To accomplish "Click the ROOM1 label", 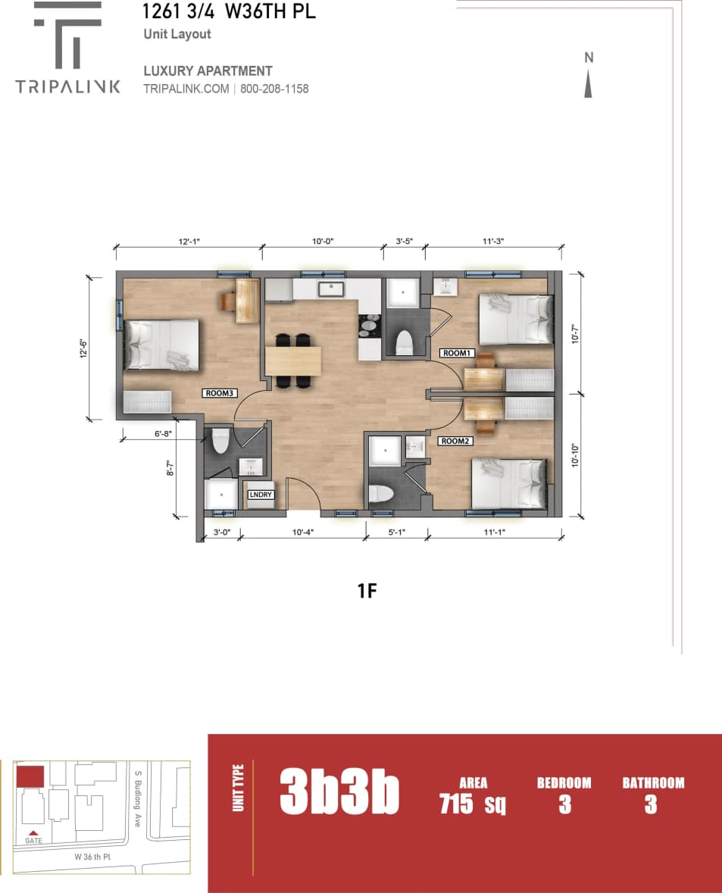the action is tap(456, 353).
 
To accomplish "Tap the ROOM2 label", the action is tap(455, 441).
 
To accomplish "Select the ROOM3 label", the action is tap(220, 393).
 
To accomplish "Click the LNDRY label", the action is tap(261, 495).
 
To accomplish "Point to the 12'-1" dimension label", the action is tap(189, 242).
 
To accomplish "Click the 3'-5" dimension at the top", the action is tap(405, 242).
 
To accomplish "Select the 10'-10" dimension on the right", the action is tap(575, 456).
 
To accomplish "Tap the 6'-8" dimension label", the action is tap(163, 433).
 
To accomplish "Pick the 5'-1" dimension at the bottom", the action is tap(397, 532).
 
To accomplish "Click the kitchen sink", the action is tap(330, 289).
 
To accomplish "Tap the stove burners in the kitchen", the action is tap(369, 326).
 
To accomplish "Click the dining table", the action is tap(293, 361).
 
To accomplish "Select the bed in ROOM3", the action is tap(162, 345).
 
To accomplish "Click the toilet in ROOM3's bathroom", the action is tap(220, 441).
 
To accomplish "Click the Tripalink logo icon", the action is tap(68, 35).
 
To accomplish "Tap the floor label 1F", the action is tap(367, 591).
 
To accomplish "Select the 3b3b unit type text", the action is tap(339, 791).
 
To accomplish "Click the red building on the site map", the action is tap(30, 776).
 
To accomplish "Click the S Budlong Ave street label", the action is tap(137, 798).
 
